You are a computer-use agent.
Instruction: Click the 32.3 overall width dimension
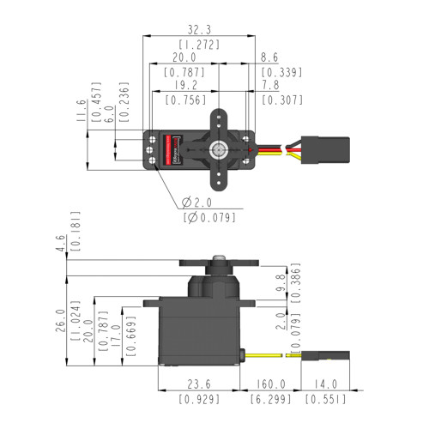click(199, 28)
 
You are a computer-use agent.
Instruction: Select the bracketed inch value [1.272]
click(199, 44)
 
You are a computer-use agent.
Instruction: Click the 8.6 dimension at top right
click(271, 58)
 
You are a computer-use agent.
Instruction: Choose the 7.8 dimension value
click(271, 87)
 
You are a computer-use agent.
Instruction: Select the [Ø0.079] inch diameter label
click(209, 218)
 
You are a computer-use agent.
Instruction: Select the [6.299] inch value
click(269, 400)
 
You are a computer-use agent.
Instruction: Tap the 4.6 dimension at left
click(59, 242)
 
